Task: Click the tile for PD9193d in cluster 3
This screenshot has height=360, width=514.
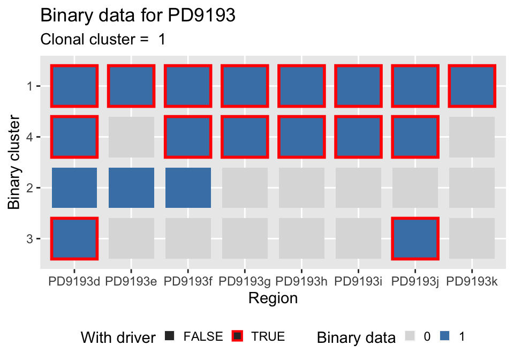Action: tap(74, 238)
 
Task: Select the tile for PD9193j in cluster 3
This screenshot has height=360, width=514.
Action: tap(415, 238)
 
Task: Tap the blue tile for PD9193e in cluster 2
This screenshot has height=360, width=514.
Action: tap(131, 187)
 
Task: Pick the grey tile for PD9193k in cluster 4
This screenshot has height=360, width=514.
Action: tap(472, 137)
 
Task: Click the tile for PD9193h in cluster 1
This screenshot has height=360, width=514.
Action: tap(301, 86)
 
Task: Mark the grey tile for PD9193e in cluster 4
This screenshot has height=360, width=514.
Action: tap(131, 137)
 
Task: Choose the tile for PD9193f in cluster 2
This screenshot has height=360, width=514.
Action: tap(188, 187)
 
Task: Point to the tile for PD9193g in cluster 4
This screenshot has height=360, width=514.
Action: tap(245, 137)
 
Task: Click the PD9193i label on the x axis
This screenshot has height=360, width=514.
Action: tap(358, 281)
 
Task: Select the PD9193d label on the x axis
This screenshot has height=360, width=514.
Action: tap(74, 281)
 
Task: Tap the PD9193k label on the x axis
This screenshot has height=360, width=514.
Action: tap(472, 281)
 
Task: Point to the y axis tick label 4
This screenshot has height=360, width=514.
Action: tap(29, 137)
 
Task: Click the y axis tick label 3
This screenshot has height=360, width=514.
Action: tap(29, 238)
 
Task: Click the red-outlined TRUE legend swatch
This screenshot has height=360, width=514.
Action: tap(237, 336)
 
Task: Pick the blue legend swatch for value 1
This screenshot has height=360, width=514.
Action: tap(444, 336)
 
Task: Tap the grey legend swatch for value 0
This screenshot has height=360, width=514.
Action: tap(410, 336)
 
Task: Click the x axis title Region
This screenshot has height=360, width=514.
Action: tap(273, 298)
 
